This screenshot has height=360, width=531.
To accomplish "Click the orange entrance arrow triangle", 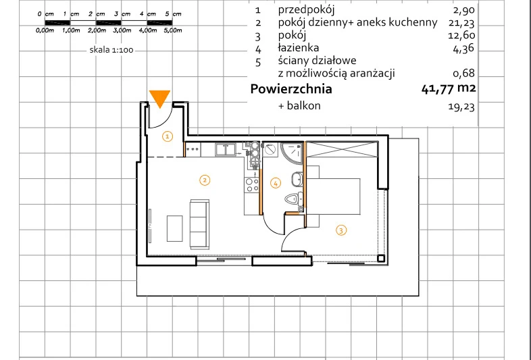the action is (x=159, y=98).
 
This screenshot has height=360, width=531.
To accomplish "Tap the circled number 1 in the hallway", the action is (x=168, y=136).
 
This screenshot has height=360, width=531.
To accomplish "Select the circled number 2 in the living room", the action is (x=205, y=180).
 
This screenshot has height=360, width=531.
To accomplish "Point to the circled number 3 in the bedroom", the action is (x=341, y=230).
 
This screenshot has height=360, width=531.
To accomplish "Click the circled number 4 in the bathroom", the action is (x=276, y=184).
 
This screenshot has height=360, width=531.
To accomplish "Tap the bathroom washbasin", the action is (x=297, y=179).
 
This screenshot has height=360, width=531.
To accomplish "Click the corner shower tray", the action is (x=292, y=153).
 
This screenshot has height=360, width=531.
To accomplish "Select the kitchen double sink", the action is (x=226, y=149).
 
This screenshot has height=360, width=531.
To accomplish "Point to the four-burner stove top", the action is (x=251, y=185).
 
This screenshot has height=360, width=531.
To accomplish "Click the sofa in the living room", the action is (x=199, y=224).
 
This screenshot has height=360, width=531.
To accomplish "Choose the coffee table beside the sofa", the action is (x=175, y=228).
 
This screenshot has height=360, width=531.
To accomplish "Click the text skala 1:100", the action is (x=111, y=50).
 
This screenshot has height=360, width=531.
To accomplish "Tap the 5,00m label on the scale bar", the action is (x=173, y=30).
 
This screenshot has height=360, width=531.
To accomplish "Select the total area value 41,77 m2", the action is (x=449, y=88).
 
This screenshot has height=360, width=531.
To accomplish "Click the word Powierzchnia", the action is (x=291, y=89).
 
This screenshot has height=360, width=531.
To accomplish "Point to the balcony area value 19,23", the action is (x=461, y=107).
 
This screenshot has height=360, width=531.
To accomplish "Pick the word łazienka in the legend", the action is (x=299, y=48).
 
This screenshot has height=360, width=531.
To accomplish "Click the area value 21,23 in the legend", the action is (x=463, y=23).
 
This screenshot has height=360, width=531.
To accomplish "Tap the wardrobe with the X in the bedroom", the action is (x=342, y=150).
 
